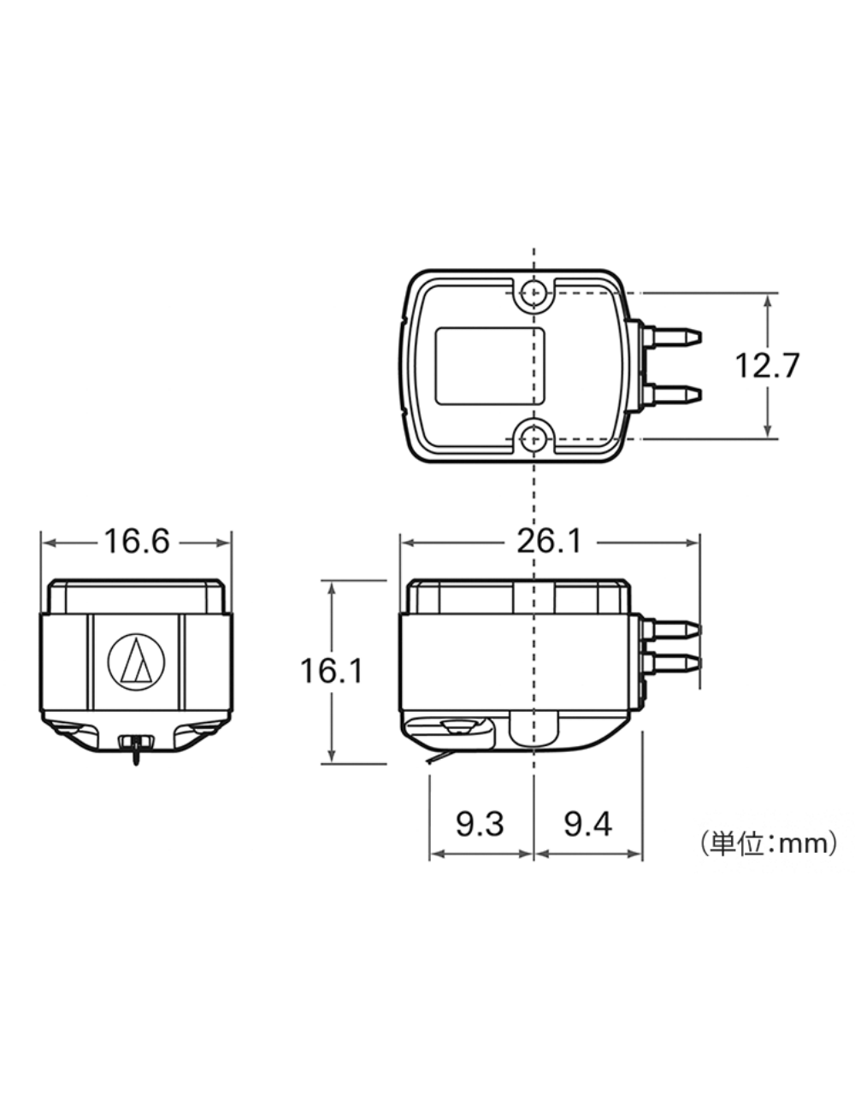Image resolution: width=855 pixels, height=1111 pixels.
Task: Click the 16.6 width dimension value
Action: [137, 542]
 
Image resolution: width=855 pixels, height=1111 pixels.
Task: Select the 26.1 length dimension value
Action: [549, 542]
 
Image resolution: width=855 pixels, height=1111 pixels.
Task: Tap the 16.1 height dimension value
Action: [332, 671]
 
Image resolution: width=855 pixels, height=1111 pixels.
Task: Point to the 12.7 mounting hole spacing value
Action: [767, 366]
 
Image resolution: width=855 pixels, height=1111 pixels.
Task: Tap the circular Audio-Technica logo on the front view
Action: [137, 663]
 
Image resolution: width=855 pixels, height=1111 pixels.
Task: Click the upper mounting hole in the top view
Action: [534, 293]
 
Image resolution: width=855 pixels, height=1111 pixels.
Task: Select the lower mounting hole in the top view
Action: [534, 438]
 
